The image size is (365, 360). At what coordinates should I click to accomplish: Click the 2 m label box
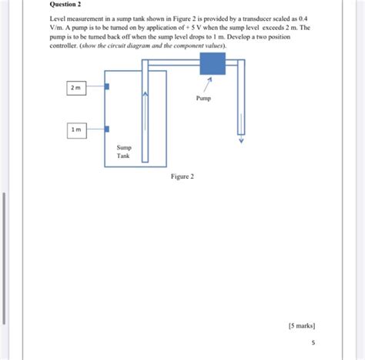(x=75, y=89)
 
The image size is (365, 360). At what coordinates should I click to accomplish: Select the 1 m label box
(x=75, y=130)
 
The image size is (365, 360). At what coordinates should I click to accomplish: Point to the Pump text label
(x=203, y=99)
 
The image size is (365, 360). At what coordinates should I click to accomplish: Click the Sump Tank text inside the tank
(x=123, y=150)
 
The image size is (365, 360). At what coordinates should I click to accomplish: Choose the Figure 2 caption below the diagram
(x=182, y=177)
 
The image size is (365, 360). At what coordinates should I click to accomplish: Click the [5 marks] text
(x=301, y=326)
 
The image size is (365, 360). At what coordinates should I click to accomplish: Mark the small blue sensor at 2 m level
(x=106, y=87)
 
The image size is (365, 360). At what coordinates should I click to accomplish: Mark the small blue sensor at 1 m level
(x=106, y=129)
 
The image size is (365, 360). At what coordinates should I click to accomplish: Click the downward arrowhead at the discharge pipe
(x=240, y=141)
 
